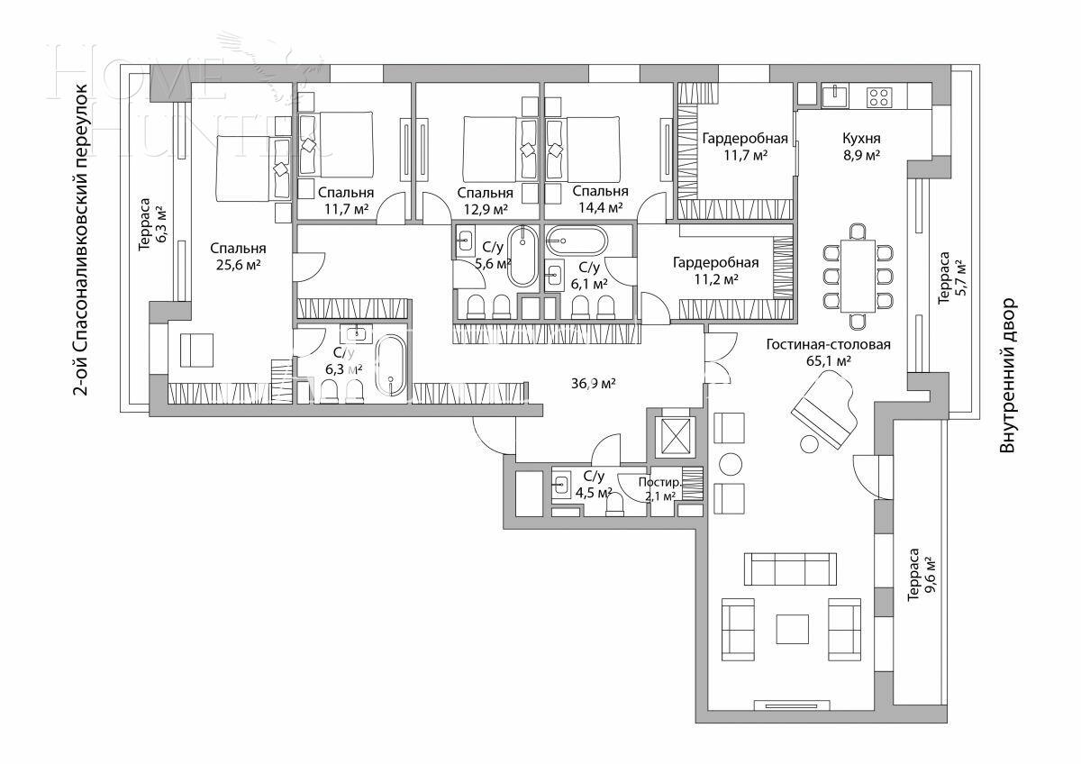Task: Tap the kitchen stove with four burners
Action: pos(879,95)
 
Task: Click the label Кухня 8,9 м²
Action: pos(861,147)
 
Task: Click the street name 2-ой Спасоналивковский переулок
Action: pos(81,239)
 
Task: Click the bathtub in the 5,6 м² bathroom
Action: pos(522,257)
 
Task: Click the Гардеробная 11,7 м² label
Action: pos(745,147)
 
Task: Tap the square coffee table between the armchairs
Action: pos(793,628)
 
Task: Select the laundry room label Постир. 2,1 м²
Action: pos(659,488)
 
